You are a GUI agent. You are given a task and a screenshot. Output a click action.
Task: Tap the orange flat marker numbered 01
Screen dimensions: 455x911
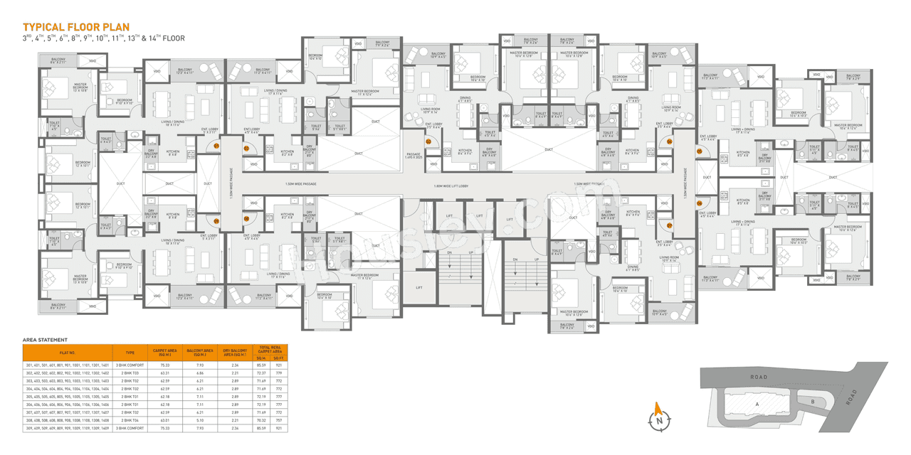click(216, 146)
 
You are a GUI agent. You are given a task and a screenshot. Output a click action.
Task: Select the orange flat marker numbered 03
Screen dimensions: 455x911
click(428, 141)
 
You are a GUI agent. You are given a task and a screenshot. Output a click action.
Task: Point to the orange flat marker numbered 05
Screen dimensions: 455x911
click(699, 151)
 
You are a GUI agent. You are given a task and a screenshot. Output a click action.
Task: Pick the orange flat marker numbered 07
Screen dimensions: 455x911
click(670, 225)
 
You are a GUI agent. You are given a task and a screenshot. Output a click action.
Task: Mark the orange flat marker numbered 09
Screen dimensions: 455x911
click(216, 220)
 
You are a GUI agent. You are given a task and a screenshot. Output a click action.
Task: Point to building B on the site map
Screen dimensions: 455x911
click(811, 401)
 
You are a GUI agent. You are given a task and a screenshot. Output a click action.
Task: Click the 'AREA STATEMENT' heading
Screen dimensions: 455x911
click(45, 340)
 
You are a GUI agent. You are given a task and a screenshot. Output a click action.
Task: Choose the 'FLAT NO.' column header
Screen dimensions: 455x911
click(68, 352)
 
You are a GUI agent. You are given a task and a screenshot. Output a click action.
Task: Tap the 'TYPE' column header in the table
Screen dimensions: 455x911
click(130, 352)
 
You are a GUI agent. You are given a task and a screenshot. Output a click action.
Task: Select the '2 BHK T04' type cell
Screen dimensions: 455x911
click(130, 420)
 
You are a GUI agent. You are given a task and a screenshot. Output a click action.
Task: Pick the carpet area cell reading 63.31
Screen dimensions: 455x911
click(165, 373)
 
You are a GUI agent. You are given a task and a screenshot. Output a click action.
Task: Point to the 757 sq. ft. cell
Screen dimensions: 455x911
click(278, 420)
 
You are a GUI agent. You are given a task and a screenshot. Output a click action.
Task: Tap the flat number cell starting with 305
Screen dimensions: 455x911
click(68, 397)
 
